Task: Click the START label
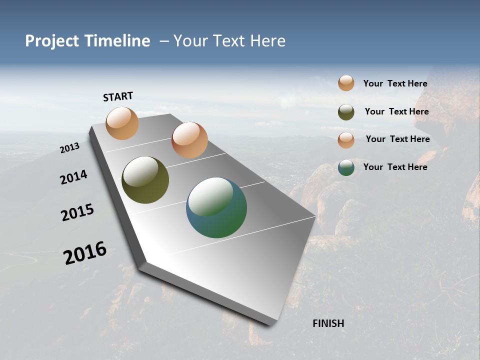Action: tap(118, 96)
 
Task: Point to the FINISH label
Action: tap(328, 323)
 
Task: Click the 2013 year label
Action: tap(70, 148)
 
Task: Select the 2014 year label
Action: tap(74, 177)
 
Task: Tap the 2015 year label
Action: tap(77, 212)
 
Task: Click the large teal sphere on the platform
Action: tap(216, 207)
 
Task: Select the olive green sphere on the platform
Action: tap(145, 180)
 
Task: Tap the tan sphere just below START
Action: tap(122, 123)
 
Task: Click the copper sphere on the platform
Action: tap(189, 140)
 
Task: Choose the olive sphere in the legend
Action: tap(346, 112)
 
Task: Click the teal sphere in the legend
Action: tap(346, 167)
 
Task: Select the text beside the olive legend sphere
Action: tap(396, 111)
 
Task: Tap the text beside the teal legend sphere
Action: tap(395, 167)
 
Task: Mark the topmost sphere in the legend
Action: tap(346, 83)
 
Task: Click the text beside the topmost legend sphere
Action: tap(395, 84)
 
